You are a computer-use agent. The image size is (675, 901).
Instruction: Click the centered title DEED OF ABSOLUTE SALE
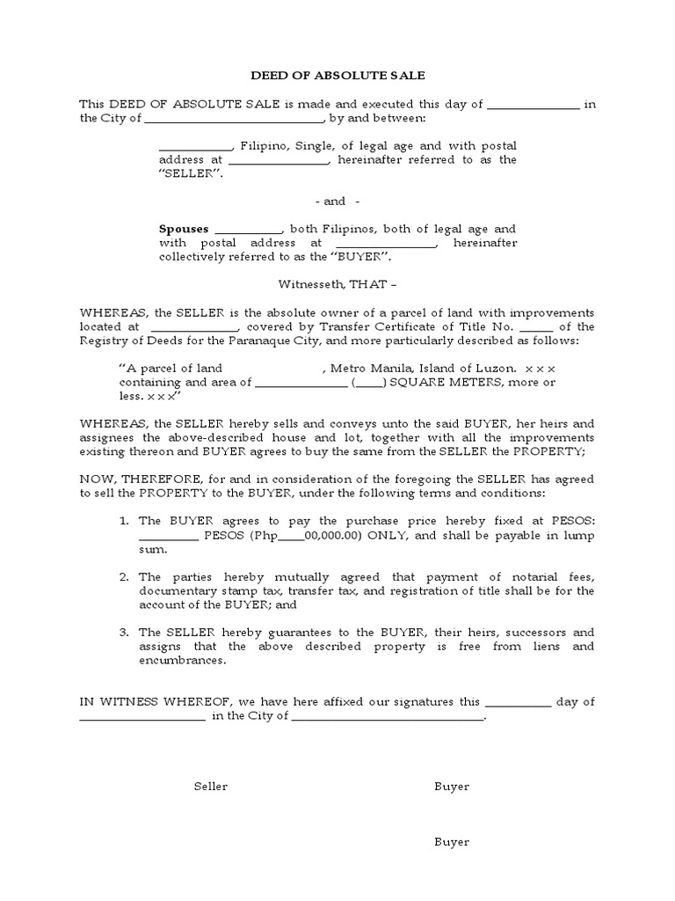coord(337,76)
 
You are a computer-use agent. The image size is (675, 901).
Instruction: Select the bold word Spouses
coord(184,229)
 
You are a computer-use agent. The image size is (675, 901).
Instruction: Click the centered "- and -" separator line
coord(337,201)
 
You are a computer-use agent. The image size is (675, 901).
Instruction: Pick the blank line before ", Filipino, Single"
coord(194,146)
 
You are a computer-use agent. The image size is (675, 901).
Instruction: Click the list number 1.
coord(124,522)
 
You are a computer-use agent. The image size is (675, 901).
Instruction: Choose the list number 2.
coord(124,577)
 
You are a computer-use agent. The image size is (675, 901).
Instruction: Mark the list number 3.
coord(124,633)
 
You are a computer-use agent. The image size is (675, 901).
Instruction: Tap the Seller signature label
coord(211,787)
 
